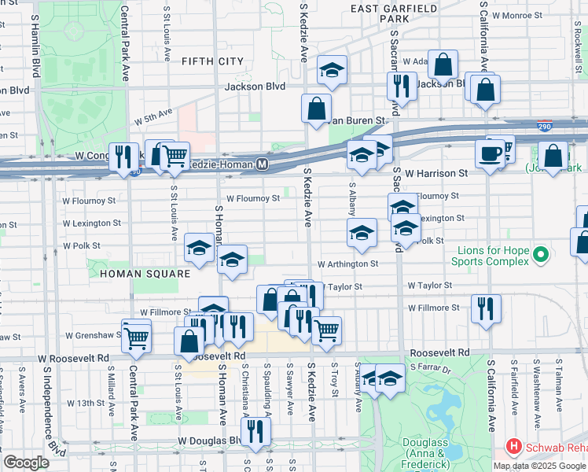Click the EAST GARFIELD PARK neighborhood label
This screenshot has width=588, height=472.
[x=383, y=13]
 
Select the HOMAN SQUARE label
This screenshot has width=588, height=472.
[x=145, y=274]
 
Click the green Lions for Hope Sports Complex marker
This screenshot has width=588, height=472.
[x=540, y=255]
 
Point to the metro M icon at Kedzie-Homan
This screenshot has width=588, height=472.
[x=263, y=164]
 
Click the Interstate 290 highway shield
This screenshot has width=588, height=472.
[x=546, y=126]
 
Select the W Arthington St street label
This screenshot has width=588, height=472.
[x=348, y=264]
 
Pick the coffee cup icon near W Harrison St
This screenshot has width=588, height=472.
[x=491, y=153]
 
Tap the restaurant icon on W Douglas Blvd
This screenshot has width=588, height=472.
[x=255, y=430]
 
